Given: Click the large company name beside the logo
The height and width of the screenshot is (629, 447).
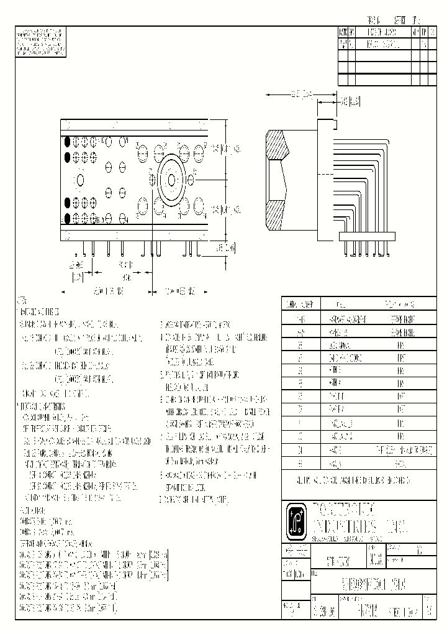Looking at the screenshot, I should pyautogui.click(x=356, y=521).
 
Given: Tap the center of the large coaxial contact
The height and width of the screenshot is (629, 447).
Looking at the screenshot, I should pyautogui.click(x=171, y=180).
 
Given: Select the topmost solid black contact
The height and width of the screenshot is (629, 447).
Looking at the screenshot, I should pyautogui.click(x=66, y=141).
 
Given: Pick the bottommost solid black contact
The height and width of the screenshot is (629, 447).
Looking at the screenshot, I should pyautogui.click(x=66, y=218).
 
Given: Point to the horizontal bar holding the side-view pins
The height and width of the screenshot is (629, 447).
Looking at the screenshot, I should pyautogui.click(x=367, y=235).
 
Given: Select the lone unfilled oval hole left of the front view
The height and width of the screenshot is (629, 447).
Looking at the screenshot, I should pyautogui.click(x=80, y=180).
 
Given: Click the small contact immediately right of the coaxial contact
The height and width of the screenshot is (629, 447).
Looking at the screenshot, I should pyautogui.click(x=191, y=180).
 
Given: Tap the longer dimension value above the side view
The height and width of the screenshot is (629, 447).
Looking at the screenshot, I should pyautogui.click(x=301, y=94).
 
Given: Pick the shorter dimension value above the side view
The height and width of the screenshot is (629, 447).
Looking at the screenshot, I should pyautogui.click(x=351, y=100).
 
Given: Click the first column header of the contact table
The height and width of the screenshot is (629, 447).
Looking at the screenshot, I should pyautogui.click(x=301, y=304).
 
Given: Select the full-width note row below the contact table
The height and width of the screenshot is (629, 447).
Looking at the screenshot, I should pyautogui.click(x=359, y=481).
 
